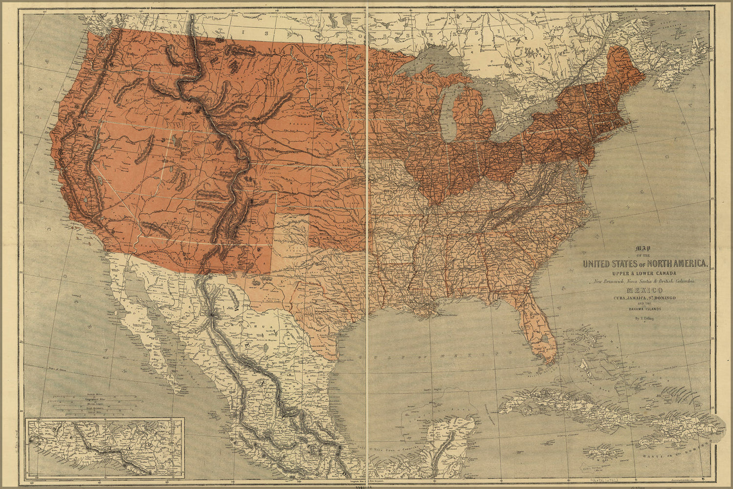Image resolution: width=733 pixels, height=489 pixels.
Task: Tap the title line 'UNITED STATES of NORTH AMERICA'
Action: (645, 264)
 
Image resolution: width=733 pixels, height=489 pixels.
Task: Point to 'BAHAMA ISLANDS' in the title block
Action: (645, 309)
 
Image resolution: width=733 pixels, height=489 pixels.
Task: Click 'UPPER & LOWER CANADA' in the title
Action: (645, 272)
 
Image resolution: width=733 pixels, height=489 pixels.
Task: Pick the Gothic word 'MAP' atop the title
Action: (645, 248)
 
